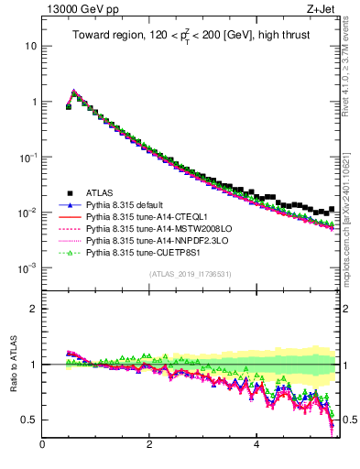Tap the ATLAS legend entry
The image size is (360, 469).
[102, 192]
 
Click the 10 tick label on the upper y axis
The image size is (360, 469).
[30, 45]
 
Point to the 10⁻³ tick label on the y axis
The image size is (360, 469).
[27, 267]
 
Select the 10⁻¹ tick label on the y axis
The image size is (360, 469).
[27, 157]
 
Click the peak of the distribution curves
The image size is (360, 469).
[74, 91]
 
